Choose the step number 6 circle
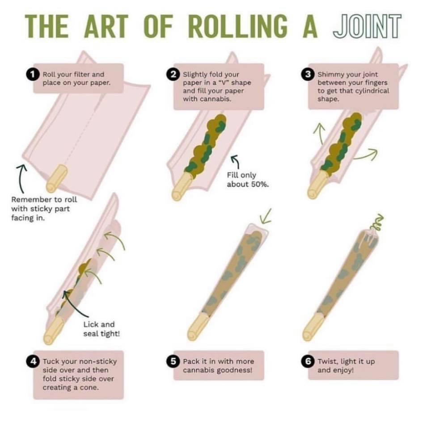(x=309, y=361)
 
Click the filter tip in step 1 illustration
(x=58, y=178)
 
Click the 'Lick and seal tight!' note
(x=99, y=329)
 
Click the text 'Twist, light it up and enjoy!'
(x=346, y=366)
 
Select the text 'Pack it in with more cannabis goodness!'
(x=218, y=366)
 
